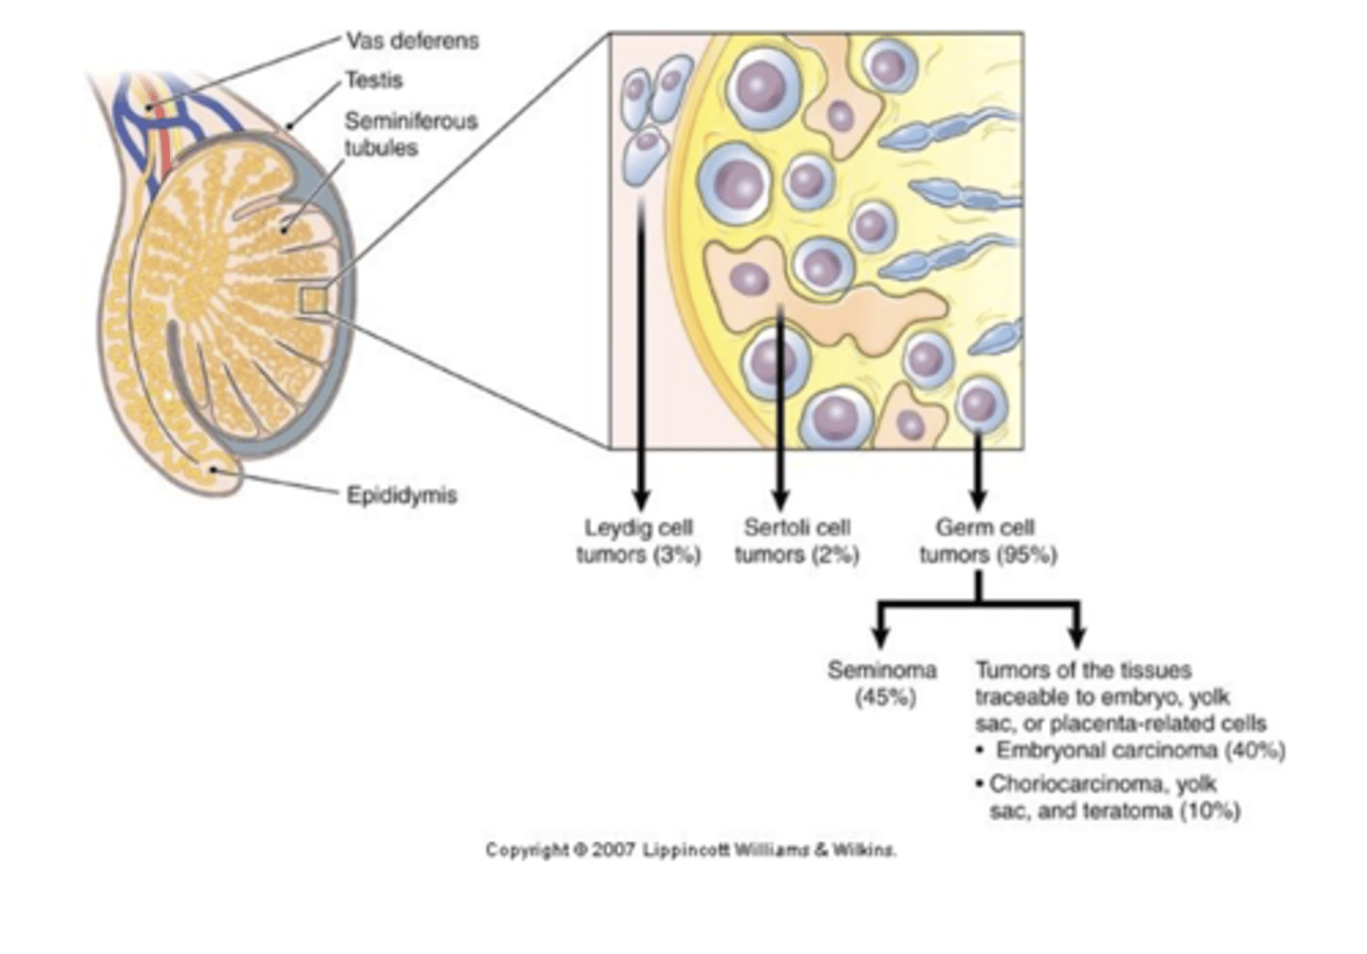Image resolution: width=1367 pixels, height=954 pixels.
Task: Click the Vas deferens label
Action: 411,41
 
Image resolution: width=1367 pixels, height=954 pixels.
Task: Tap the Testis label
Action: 373,81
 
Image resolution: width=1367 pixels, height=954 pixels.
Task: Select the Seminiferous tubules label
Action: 410,134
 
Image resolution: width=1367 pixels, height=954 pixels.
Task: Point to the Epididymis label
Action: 401,496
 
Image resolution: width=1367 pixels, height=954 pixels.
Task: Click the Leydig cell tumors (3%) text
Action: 639,541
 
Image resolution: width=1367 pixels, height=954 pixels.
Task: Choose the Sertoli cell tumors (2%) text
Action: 796,541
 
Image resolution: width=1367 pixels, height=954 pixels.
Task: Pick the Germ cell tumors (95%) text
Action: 986,541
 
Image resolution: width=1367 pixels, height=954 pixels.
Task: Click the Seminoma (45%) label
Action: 882,683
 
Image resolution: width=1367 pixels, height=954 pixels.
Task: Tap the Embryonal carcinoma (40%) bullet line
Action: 1139,751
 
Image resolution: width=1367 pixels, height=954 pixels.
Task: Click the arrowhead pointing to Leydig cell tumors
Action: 641,499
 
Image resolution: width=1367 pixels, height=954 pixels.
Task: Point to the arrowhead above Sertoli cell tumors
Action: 780,499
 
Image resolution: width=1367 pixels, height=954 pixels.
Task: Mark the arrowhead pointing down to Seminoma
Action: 880,637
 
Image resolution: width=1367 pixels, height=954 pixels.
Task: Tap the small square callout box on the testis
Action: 313,300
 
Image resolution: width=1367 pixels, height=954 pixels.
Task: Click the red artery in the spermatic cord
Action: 164,142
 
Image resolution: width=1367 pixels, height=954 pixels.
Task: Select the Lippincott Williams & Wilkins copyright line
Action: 690,850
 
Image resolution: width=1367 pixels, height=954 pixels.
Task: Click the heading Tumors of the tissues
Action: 1083,670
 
